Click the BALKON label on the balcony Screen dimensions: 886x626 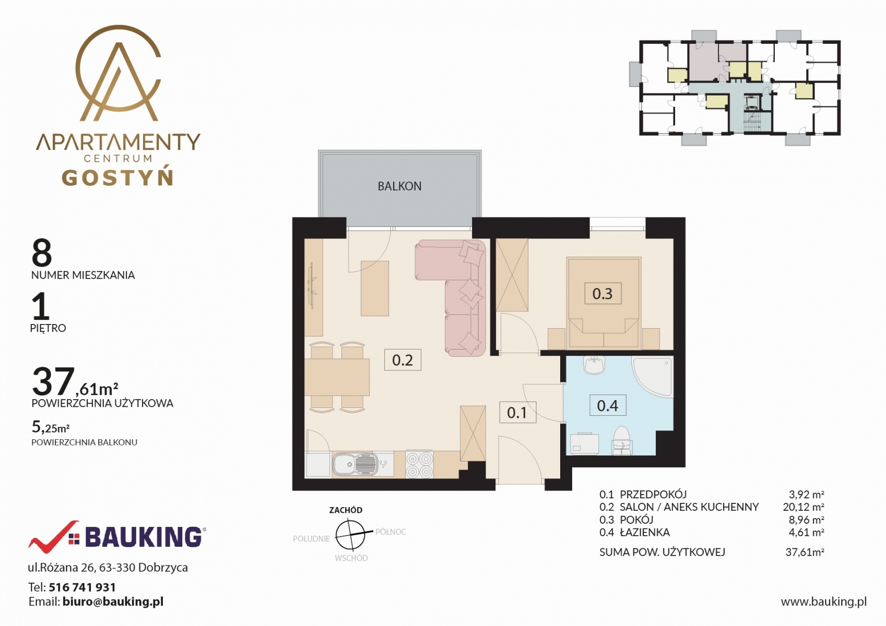click(x=399, y=186)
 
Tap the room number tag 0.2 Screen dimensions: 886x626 click(x=403, y=360)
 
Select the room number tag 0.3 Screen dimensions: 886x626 click(x=603, y=294)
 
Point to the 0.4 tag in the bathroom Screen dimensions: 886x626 click(x=608, y=405)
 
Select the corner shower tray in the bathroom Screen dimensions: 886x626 click(x=653, y=377)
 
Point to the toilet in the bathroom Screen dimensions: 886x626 click(x=622, y=440)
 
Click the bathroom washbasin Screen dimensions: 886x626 click(x=594, y=365)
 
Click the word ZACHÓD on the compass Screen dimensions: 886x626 click(x=346, y=510)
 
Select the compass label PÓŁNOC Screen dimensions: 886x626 click(x=391, y=532)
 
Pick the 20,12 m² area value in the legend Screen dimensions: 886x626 click(x=804, y=507)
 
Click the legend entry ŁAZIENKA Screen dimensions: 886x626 click(x=645, y=532)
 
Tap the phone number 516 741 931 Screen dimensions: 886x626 click(x=82, y=587)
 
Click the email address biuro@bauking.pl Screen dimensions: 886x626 click(x=113, y=602)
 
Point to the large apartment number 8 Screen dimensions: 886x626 click(x=42, y=253)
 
